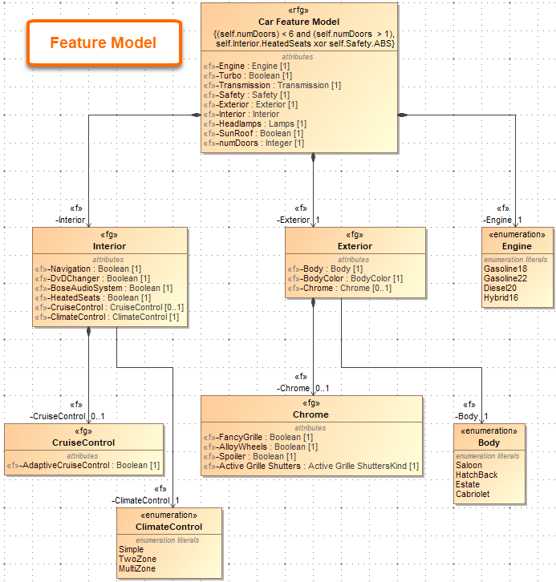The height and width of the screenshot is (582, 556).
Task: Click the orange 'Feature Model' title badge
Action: [103, 42]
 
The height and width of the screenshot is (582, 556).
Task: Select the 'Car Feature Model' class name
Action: [298, 21]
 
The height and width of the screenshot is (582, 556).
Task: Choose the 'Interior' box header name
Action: [109, 246]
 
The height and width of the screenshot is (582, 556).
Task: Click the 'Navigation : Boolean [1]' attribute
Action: [92, 269]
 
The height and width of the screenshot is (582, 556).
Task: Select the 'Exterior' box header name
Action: [355, 246]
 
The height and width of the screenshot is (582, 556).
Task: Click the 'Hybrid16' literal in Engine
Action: [501, 297]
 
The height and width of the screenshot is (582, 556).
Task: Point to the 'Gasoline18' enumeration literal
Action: [505, 269]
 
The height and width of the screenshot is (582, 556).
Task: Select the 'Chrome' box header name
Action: [310, 414]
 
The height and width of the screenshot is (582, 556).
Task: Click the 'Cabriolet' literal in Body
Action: [473, 494]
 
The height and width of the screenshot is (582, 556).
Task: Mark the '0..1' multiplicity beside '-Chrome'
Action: [322, 388]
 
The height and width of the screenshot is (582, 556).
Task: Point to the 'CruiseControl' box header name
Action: [83, 443]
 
